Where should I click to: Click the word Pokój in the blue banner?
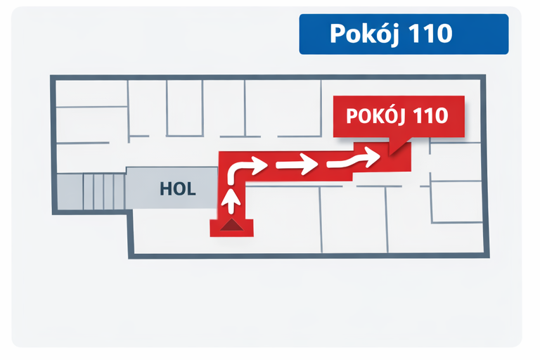[x=364, y=34]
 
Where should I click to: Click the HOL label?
[x=178, y=188]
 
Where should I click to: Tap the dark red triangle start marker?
[x=232, y=224]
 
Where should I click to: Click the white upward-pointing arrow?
[x=231, y=200]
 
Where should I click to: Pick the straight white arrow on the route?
[x=297, y=164]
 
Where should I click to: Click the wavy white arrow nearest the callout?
[x=354, y=158]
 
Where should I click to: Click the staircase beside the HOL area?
[x=104, y=191]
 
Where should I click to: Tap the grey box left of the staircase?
[x=70, y=191]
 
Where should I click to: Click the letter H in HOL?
[x=166, y=188]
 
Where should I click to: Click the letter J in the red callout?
[x=400, y=117]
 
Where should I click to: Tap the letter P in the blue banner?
[x=337, y=34]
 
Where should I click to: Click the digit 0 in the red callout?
[x=441, y=116]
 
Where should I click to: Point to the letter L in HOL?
[x=191, y=188]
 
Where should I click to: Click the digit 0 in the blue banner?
[x=444, y=34]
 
